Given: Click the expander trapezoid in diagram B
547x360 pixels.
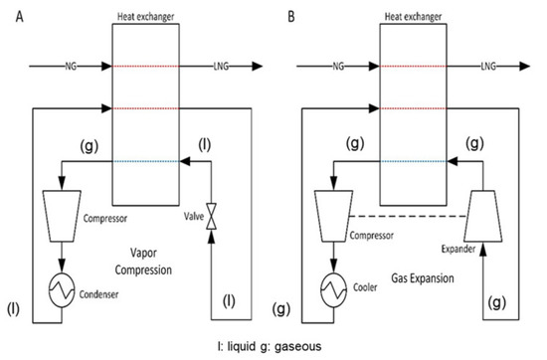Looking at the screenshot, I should (x=484, y=217).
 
